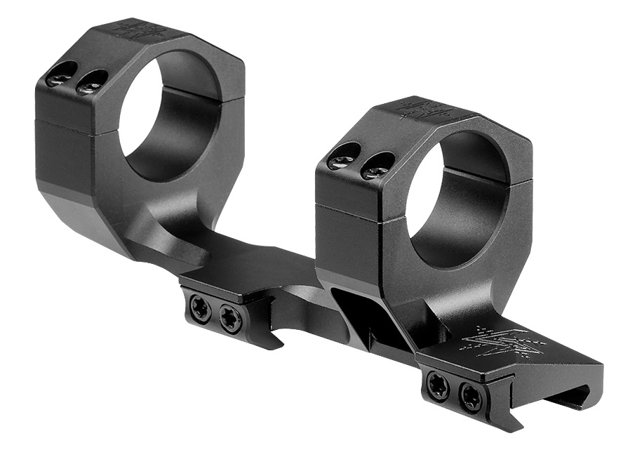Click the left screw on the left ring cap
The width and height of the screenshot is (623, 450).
(62, 74)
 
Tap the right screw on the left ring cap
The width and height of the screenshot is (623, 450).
(93, 82)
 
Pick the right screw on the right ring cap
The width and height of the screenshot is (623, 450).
(377, 166)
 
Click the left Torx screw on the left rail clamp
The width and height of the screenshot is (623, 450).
(201, 309)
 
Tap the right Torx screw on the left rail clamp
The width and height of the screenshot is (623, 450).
(230, 319)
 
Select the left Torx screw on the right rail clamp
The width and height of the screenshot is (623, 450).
(438, 386)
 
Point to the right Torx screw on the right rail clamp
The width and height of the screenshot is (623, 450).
(471, 398)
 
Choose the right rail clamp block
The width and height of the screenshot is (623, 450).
(463, 386)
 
